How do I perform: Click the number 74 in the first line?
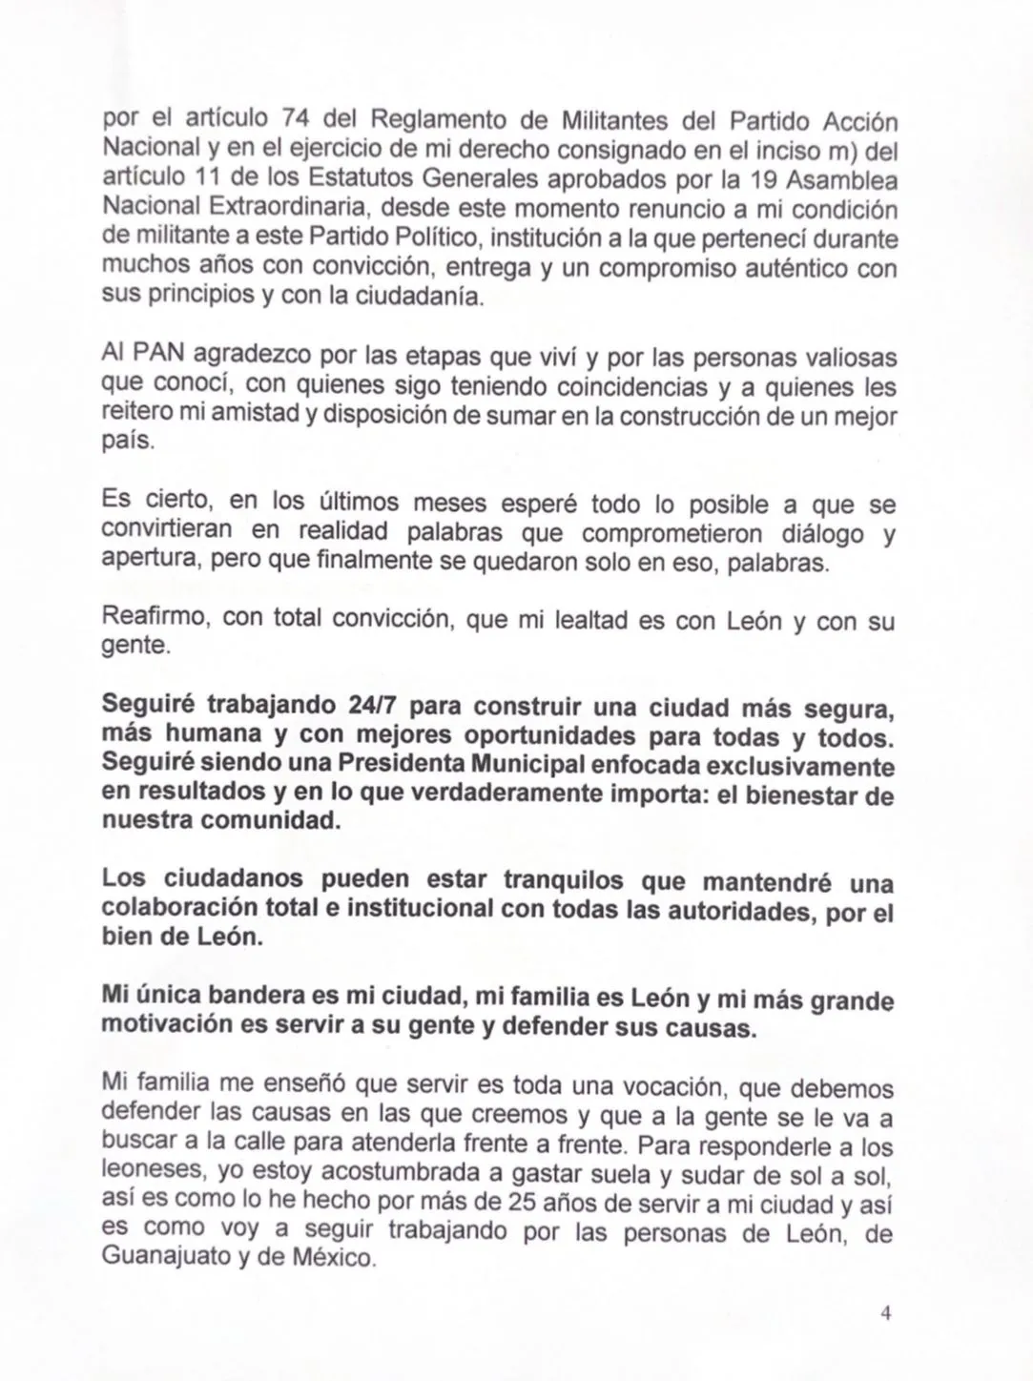[x=299, y=121]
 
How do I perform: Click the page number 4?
[x=885, y=1314]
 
